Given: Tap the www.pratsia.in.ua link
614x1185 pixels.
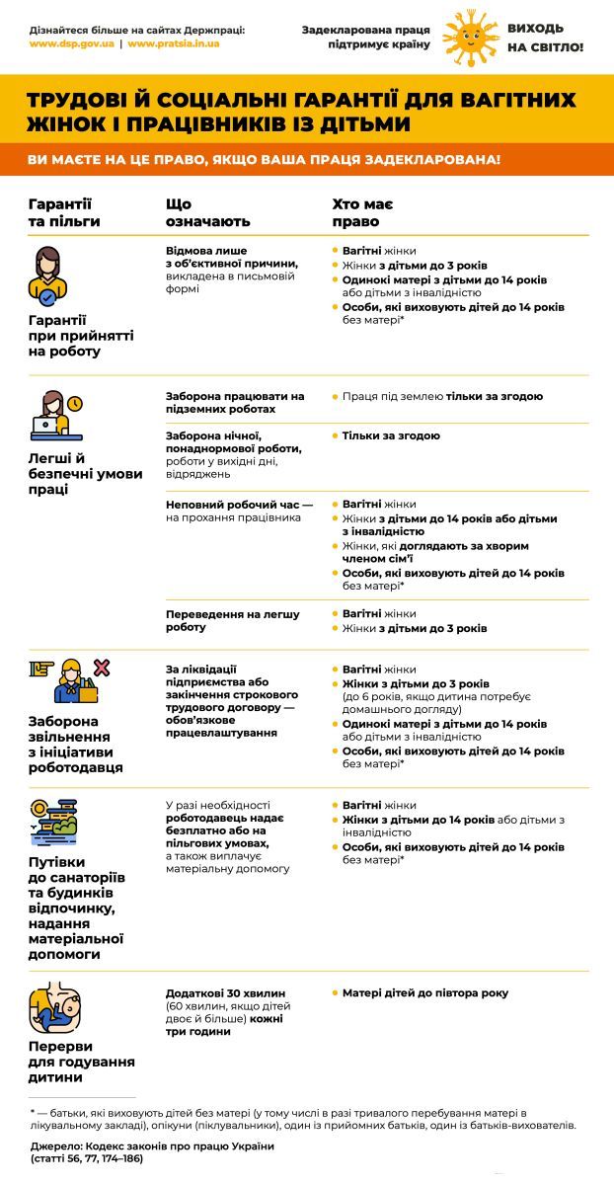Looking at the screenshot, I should (x=173, y=44).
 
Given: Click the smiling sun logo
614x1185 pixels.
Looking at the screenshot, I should (x=469, y=37).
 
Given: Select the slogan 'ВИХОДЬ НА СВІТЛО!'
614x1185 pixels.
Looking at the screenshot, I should (x=545, y=39).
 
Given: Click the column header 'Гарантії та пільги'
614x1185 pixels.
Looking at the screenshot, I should (x=65, y=212).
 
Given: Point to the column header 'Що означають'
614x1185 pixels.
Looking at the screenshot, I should (x=207, y=212).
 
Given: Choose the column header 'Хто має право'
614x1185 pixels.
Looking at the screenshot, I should (x=362, y=212).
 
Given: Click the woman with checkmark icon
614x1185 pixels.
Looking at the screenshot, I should (x=48, y=276).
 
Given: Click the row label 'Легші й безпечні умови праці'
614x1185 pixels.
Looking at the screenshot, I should (x=85, y=473).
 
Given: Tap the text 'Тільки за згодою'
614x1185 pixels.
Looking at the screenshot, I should (x=391, y=435).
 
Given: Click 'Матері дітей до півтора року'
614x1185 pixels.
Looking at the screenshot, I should (x=425, y=992).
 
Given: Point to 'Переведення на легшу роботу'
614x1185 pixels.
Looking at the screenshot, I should (x=233, y=620).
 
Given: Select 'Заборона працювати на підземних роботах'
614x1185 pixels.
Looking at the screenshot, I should (x=235, y=402).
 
